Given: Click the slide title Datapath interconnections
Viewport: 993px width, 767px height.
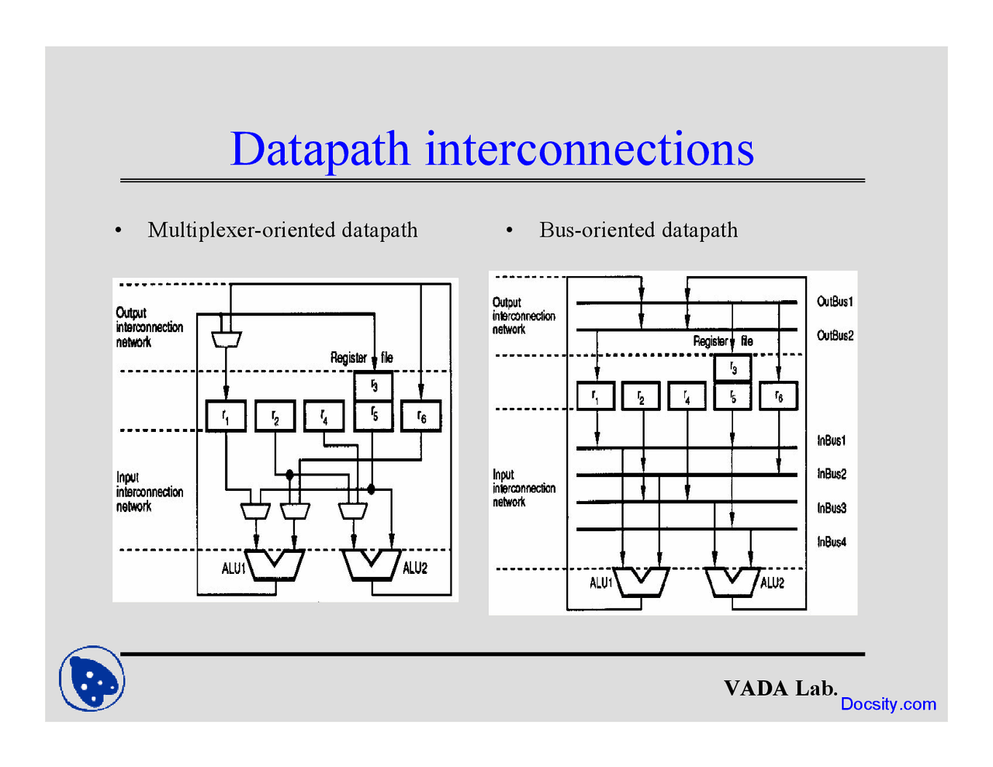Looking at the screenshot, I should (492, 149).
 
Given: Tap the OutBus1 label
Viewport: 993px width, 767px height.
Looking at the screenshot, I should (835, 302).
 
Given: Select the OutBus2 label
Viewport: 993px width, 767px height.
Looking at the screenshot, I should (835, 336).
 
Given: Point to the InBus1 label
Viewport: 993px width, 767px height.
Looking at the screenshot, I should (831, 441).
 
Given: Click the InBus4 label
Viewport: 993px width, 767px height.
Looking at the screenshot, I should (832, 542).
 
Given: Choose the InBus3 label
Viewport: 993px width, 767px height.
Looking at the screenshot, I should (832, 508).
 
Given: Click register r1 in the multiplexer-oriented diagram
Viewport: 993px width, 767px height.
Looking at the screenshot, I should (226, 416).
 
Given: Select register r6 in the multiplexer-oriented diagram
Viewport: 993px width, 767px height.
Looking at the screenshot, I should (421, 416).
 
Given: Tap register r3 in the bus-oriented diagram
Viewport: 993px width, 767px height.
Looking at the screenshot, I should (733, 368).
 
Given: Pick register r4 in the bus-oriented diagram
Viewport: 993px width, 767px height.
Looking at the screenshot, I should (687, 396).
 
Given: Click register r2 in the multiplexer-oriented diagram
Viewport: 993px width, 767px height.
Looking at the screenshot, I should (275, 416).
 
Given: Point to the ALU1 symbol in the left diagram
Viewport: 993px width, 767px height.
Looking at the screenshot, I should (275, 565).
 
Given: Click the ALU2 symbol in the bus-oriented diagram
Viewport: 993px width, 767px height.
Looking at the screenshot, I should (732, 582).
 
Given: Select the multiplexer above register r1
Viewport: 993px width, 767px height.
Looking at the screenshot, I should (227, 339).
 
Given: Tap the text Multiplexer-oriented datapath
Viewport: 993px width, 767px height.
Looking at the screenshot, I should (282, 230).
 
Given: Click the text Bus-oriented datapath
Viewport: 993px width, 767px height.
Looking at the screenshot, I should (638, 230).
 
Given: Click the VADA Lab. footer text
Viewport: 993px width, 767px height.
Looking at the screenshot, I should (780, 688).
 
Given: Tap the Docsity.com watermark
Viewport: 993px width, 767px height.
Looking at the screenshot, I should (888, 704).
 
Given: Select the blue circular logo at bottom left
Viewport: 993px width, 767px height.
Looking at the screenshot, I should (92, 679).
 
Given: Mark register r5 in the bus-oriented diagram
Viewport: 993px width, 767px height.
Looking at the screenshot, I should (733, 396).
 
